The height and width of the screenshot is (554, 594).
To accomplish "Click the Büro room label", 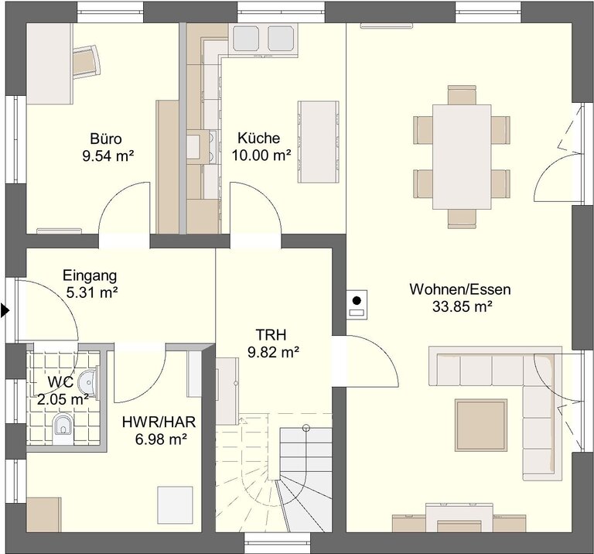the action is [x=106, y=138].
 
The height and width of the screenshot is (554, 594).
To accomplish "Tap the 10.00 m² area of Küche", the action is [x=261, y=155].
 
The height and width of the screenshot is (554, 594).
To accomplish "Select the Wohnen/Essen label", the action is [x=460, y=289].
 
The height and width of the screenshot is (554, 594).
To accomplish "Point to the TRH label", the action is [x=271, y=335].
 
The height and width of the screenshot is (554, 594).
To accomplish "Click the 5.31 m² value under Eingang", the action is [x=92, y=292].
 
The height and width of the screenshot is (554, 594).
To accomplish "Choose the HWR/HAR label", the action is [x=159, y=422].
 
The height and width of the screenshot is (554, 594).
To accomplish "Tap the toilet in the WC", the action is [x=63, y=428].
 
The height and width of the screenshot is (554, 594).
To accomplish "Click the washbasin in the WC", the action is [x=88, y=382].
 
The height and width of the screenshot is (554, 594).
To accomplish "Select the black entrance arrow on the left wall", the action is [x=5, y=310].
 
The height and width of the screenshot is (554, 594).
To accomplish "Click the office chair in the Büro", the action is [x=87, y=61].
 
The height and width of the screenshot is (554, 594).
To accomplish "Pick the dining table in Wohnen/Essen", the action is [x=462, y=157].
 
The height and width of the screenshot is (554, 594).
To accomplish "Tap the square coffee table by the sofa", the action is [x=481, y=425].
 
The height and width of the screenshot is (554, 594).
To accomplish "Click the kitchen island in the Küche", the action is [x=318, y=142].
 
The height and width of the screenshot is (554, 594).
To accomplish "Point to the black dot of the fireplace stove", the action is [x=357, y=301].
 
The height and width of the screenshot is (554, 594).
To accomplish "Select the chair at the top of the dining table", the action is [x=462, y=95].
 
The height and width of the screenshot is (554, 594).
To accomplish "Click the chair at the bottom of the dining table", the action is [x=462, y=219].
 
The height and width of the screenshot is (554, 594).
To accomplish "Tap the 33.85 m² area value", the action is [x=463, y=306].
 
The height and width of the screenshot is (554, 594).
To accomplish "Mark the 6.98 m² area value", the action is [x=161, y=439].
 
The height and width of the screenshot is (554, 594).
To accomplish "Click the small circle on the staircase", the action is [x=306, y=429].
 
